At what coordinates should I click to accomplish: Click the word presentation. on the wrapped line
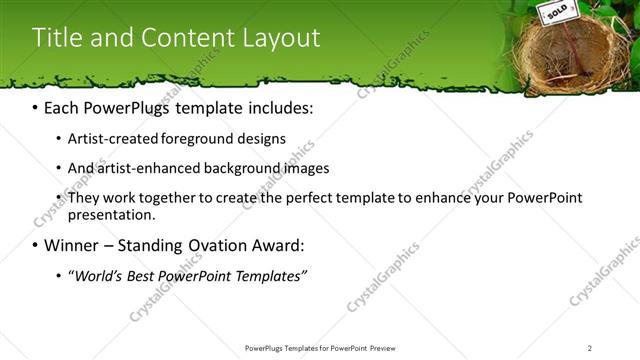click(112, 214)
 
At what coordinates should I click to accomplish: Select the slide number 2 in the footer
click(590, 348)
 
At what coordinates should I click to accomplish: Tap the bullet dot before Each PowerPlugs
click(36, 107)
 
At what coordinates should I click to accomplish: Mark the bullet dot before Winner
click(36, 244)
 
